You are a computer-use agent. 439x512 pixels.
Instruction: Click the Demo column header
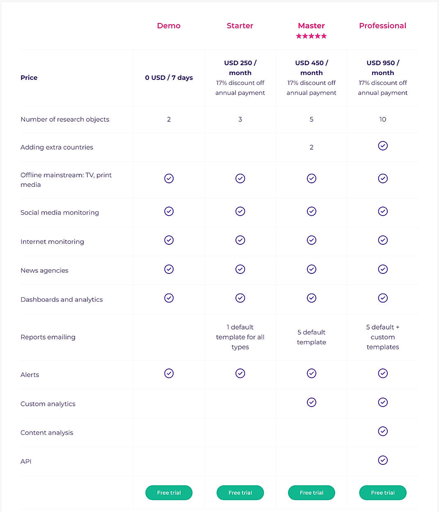click(x=169, y=26)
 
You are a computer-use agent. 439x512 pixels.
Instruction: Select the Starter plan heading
click(x=240, y=26)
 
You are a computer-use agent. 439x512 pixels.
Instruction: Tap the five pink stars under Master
click(x=311, y=36)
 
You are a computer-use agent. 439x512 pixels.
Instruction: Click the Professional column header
click(x=382, y=26)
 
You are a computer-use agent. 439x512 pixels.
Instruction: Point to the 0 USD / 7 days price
click(x=169, y=77)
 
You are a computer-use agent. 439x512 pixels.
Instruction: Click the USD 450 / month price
click(x=311, y=68)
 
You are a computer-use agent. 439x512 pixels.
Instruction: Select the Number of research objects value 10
click(x=382, y=119)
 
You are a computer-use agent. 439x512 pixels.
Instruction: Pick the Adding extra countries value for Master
click(x=311, y=147)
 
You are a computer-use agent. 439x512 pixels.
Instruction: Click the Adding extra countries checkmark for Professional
click(x=383, y=146)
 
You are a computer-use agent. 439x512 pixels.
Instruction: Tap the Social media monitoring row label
click(x=59, y=212)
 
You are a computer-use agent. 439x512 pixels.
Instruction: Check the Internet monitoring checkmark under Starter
click(x=240, y=240)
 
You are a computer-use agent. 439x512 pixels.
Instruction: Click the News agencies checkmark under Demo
click(x=169, y=269)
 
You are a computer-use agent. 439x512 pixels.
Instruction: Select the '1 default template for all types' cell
click(x=240, y=337)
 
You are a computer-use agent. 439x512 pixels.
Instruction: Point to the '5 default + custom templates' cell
click(x=382, y=337)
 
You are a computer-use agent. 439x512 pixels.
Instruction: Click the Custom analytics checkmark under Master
click(x=312, y=403)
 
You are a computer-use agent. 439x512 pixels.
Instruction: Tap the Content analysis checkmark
click(x=383, y=431)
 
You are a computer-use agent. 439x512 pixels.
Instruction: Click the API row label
click(x=26, y=461)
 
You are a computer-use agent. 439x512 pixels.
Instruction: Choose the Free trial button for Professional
click(x=383, y=493)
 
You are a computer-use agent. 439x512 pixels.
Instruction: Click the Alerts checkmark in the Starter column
click(x=240, y=373)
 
